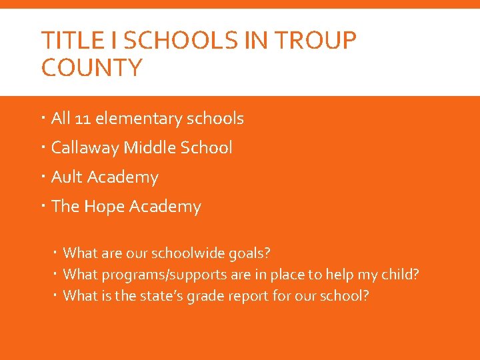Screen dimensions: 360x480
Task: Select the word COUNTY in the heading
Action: [91, 68]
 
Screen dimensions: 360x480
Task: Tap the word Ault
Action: [67, 177]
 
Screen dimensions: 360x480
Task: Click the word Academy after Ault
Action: [123, 177]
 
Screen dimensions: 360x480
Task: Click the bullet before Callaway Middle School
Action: [43, 148]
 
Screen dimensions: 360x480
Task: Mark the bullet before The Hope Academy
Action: [43, 207]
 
